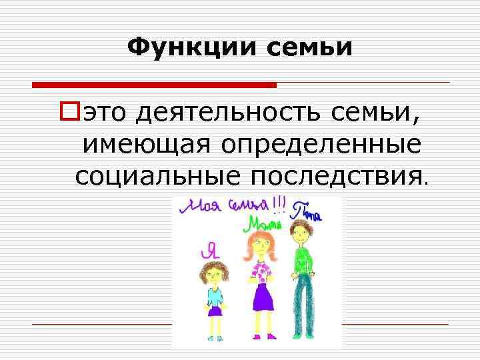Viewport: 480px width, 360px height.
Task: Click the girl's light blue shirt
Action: pos(215,295)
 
